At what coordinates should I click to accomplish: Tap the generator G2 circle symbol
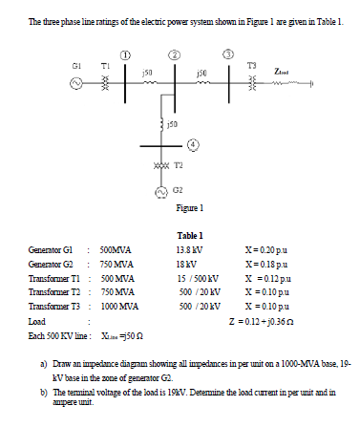pyautogui.click(x=145, y=188)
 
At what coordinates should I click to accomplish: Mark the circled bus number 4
pyautogui.click(x=193, y=146)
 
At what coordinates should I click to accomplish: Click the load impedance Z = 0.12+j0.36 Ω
pyautogui.click(x=272, y=320)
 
